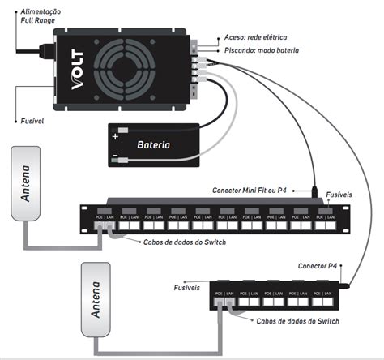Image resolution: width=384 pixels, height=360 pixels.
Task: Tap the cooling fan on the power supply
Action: pyautogui.click(x=133, y=71)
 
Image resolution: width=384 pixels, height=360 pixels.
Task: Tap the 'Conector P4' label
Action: pyautogui.click(x=322, y=265)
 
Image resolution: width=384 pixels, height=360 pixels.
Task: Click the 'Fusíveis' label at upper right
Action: pyautogui.click(x=339, y=196)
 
